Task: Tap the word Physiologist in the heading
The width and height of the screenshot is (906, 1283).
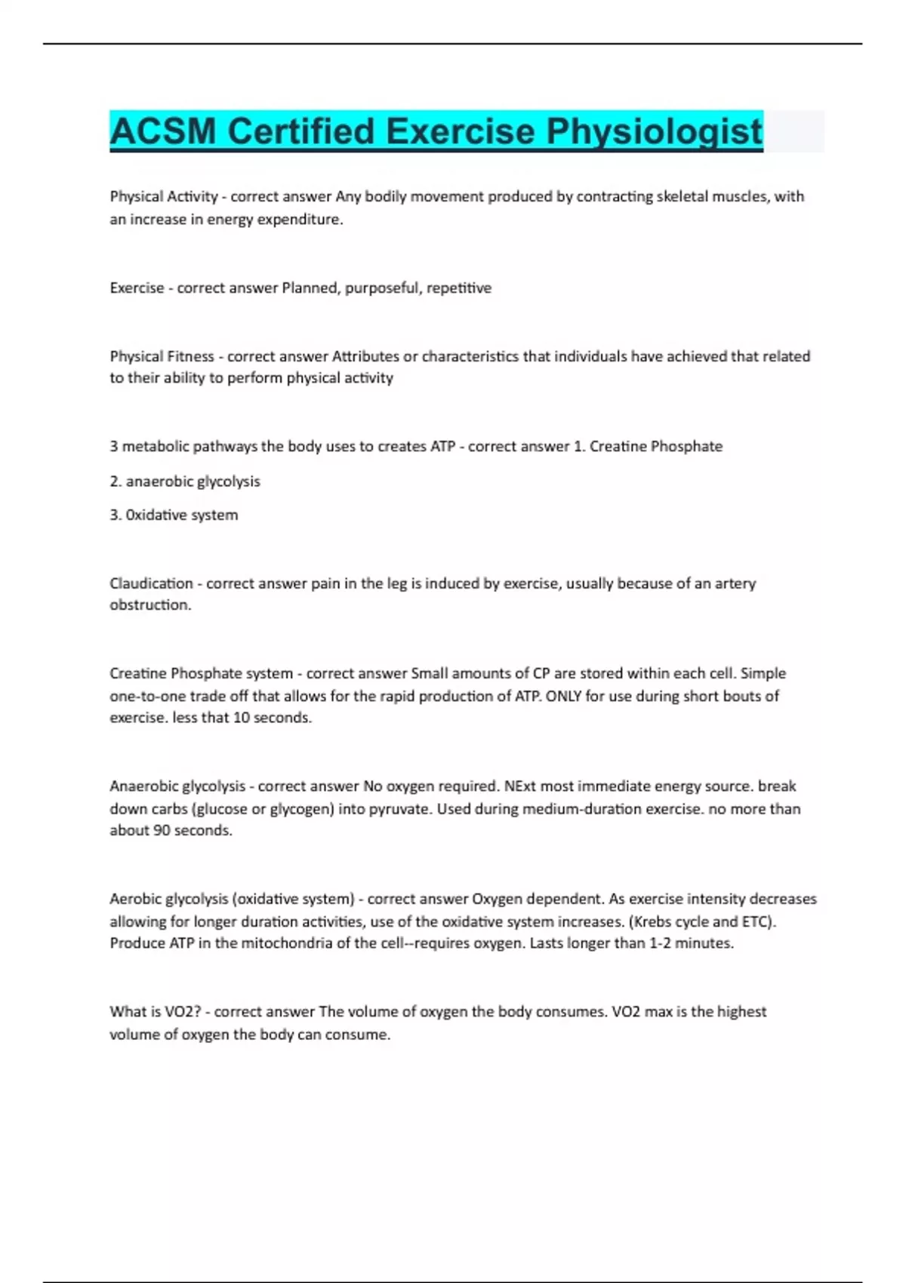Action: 655,131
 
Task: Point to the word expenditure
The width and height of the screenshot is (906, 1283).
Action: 301,220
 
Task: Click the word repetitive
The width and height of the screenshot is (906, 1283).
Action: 459,288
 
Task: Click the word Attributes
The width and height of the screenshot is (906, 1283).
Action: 365,356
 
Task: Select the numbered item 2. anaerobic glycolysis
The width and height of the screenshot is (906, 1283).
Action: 185,482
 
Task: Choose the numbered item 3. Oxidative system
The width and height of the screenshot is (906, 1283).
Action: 174,515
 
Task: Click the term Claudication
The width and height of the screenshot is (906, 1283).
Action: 151,583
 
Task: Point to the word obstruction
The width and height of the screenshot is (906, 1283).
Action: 150,605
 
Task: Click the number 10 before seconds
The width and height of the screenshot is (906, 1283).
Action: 241,718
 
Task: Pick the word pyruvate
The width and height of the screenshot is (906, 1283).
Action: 399,809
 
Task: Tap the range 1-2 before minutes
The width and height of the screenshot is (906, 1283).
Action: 662,943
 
